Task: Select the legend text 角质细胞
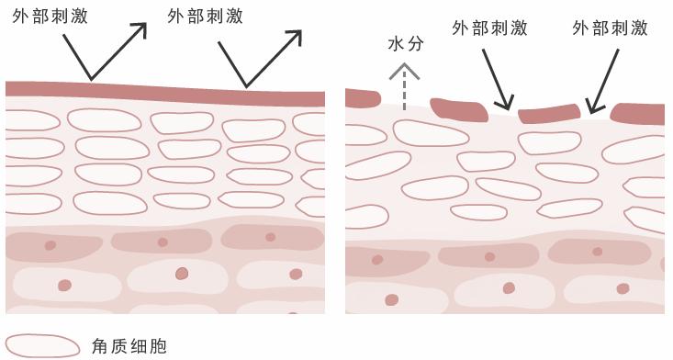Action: coord(129,346)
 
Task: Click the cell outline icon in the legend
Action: coord(43,345)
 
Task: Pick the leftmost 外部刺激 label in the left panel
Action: coord(50,17)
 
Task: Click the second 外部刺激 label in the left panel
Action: coord(206,17)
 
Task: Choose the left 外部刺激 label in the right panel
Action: coord(489,28)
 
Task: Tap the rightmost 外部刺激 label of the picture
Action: coord(610,28)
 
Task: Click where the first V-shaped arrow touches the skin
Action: coord(90,80)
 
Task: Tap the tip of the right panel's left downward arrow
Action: coord(508,107)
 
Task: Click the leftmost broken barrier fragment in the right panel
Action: coord(362,97)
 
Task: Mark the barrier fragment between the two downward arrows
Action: coord(549,114)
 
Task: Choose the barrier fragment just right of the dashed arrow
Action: coord(458,109)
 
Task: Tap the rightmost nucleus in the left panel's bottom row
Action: coord(296,274)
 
